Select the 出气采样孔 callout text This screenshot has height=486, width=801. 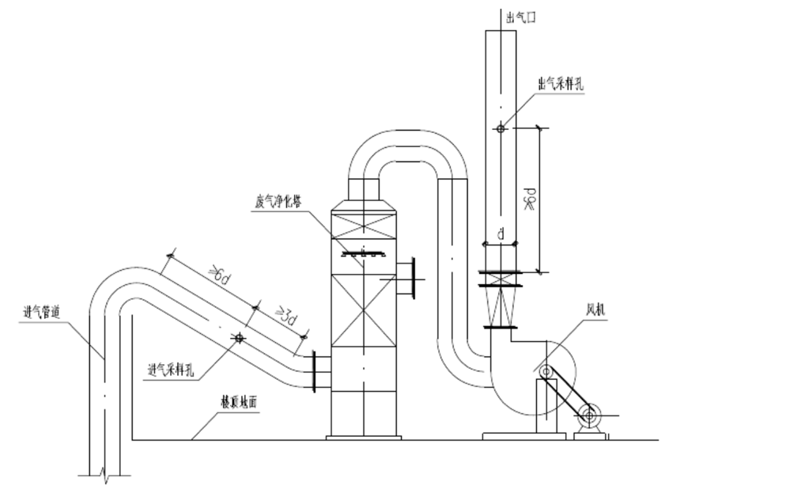coord(561,82)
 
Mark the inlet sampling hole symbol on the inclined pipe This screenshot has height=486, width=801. coord(238,338)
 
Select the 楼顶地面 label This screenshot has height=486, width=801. coord(238,401)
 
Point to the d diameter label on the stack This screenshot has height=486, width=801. coord(500,234)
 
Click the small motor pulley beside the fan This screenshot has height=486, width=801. coord(588,414)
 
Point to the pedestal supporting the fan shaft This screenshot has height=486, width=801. coord(546,405)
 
